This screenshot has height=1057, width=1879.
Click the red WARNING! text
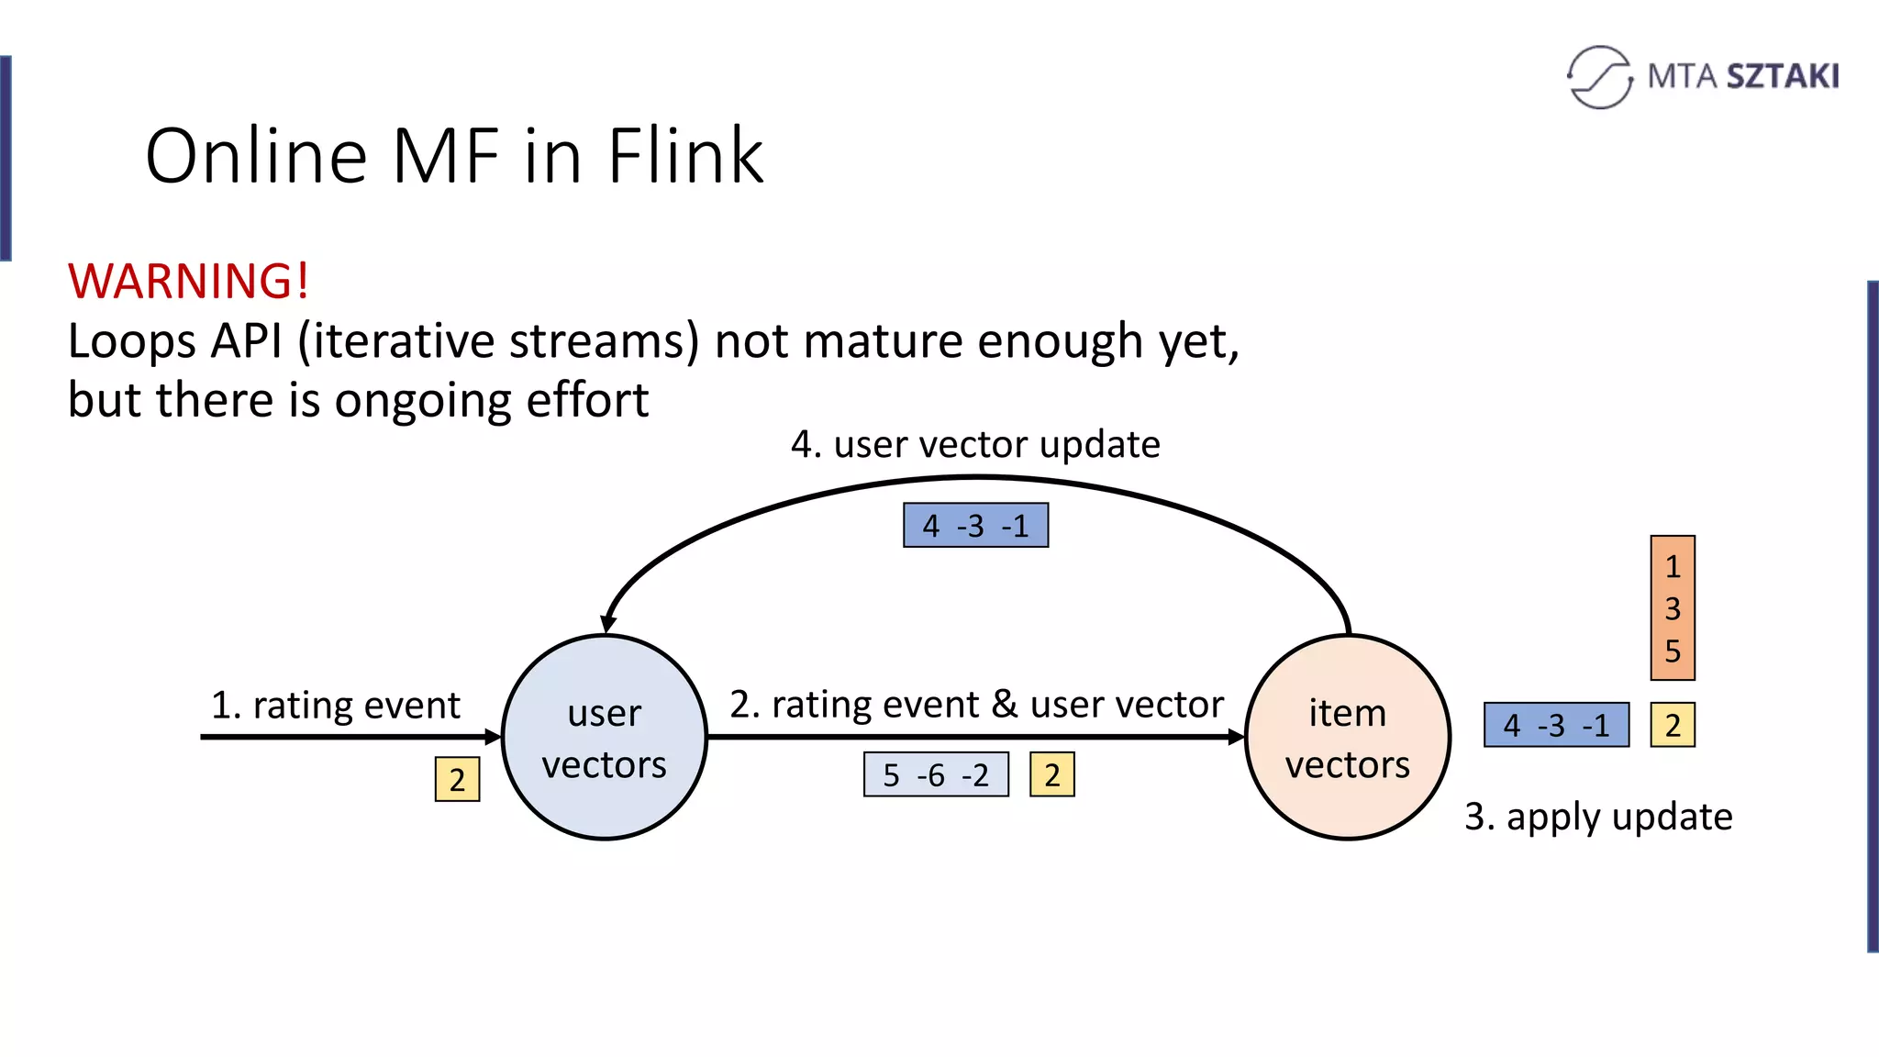[188, 281]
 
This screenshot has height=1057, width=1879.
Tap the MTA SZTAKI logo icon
[1599, 77]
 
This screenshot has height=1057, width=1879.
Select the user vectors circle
[605, 737]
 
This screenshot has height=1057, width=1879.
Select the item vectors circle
[1347, 737]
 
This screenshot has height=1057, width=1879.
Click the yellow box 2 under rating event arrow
[457, 779]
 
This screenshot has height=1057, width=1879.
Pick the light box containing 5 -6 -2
[936, 774]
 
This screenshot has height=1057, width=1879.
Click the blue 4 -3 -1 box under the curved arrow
[975, 526]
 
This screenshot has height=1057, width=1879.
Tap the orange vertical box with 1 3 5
[1672, 607]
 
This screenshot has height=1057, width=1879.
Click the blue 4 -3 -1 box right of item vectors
[1556, 725]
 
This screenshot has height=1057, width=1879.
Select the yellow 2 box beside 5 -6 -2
[1051, 774]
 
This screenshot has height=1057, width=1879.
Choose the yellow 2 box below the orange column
[1672, 725]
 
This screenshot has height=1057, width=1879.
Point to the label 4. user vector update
[975, 444]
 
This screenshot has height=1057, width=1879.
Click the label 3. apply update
[1598, 817]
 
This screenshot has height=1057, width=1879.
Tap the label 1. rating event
[336, 705]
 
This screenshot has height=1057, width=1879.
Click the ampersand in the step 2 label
[1005, 704]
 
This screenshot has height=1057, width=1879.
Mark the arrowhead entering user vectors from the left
[494, 737]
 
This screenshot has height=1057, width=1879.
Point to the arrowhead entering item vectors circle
[1236, 737]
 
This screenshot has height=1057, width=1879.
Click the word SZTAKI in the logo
[1783, 76]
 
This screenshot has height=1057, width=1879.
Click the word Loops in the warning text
[131, 341]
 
